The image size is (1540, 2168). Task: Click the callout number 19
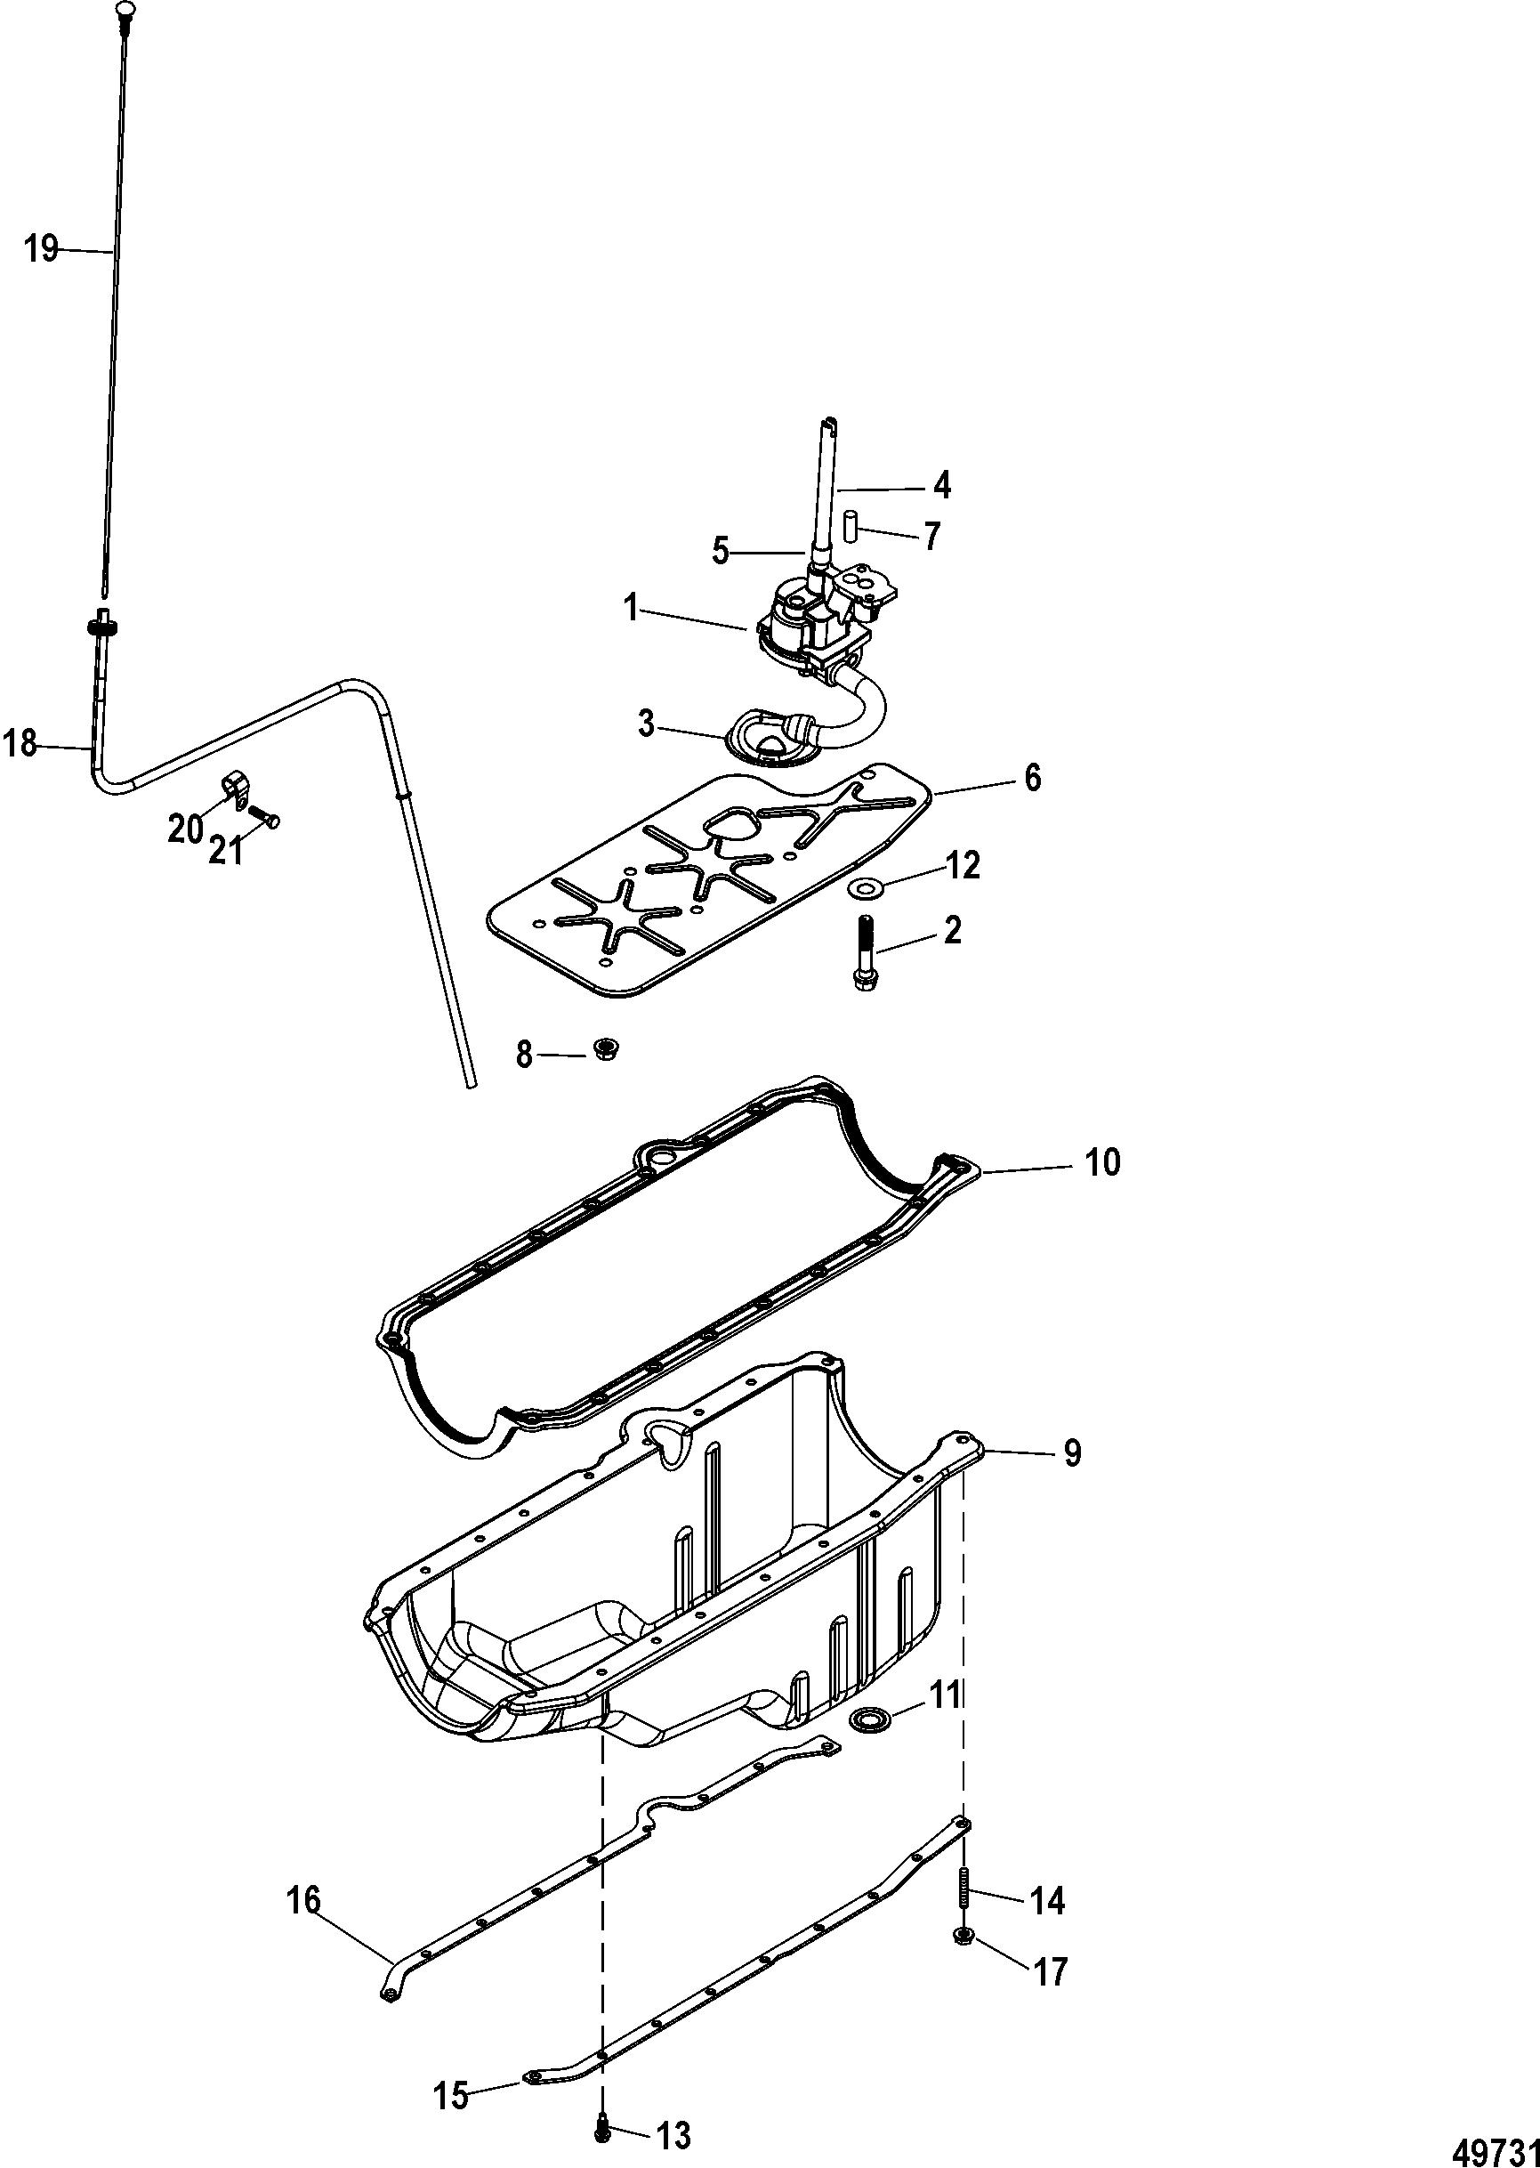coord(42,250)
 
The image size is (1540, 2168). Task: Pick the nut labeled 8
coord(601,1049)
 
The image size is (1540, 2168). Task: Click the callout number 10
coord(1102,1161)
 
